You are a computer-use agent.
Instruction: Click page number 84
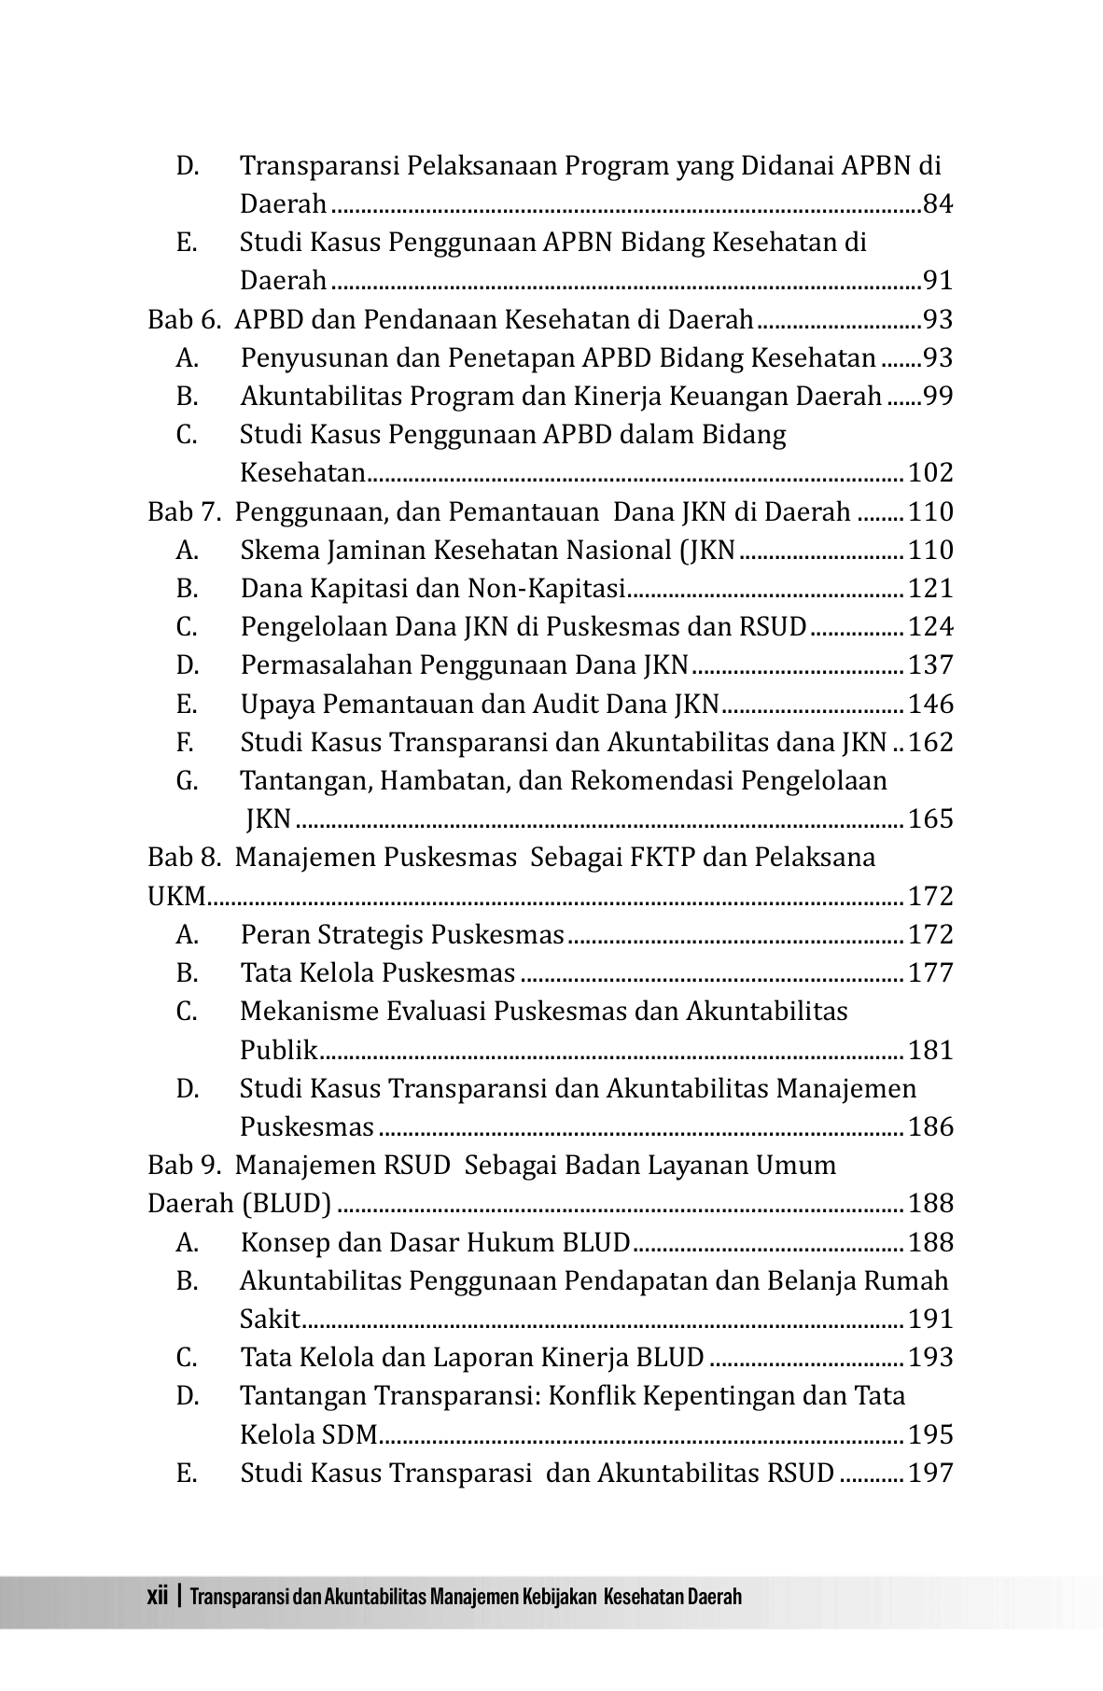click(938, 203)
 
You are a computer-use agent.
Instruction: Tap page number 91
click(938, 280)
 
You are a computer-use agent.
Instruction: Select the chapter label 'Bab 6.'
click(184, 320)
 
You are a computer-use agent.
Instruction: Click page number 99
click(938, 397)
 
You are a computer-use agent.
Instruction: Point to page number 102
click(930, 473)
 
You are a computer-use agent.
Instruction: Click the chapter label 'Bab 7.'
click(184, 512)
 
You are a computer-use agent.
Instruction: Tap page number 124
click(930, 627)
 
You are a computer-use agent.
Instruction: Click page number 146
click(930, 705)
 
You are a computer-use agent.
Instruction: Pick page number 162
click(930, 743)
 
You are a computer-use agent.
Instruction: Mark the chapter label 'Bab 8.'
click(184, 858)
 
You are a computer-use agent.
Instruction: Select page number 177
click(930, 973)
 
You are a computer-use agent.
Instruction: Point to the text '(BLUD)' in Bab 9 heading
click(286, 1204)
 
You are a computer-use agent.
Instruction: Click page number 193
click(930, 1358)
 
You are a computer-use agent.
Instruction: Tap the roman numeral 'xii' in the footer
click(157, 1596)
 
